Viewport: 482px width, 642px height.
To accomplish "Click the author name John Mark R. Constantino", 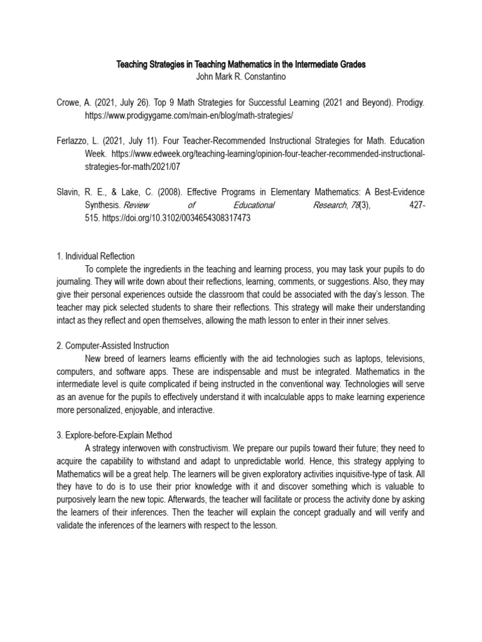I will (241, 76).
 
